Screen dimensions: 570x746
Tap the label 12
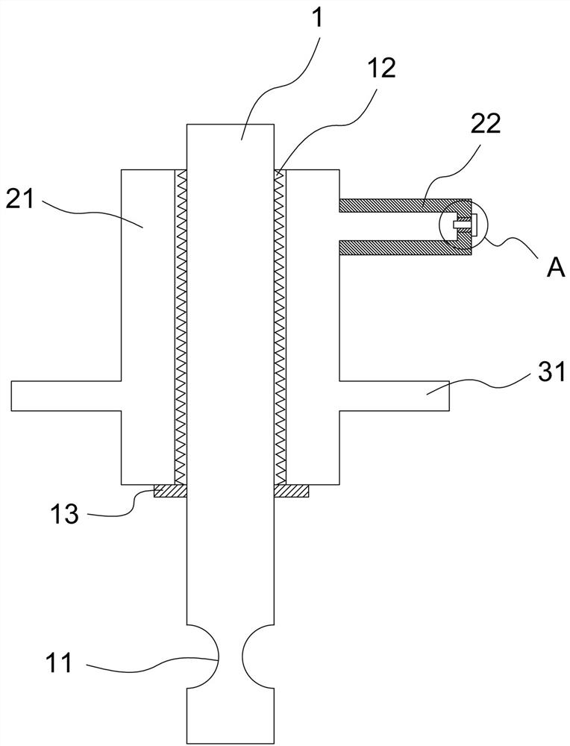[380, 70]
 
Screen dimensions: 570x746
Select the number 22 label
[486, 125]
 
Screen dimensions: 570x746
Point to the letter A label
[556, 269]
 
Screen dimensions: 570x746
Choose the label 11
[59, 662]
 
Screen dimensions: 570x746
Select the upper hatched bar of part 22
[404, 205]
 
